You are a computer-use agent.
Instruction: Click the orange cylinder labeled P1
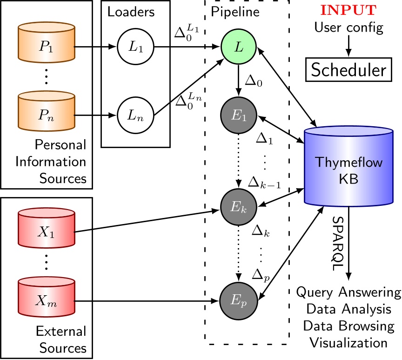tap(47, 47)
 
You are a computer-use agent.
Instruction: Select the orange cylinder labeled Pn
tap(47, 114)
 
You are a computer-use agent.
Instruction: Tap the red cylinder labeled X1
tap(47, 231)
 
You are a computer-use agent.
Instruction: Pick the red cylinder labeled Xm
tap(47, 302)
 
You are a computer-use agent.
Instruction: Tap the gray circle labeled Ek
tap(239, 205)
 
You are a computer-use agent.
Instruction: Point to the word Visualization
tap(348, 343)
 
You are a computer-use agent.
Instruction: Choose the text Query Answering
tap(348, 293)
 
